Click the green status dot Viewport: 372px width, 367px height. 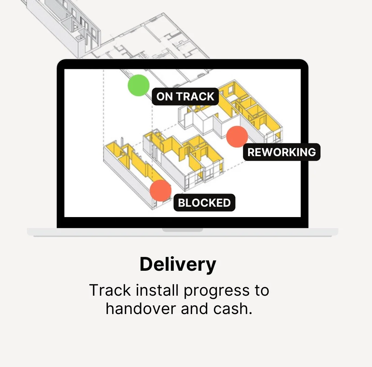pyautogui.click(x=138, y=85)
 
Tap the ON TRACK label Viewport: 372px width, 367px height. pyautogui.click(x=185, y=97)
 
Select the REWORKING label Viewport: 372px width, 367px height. pyautogui.click(x=282, y=152)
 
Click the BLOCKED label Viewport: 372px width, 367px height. pyautogui.click(x=204, y=203)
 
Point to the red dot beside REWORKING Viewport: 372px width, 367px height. pyautogui.click(x=237, y=136)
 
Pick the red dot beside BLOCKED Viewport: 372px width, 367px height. pyautogui.click(x=161, y=190)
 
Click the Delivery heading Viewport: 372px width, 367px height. pyautogui.click(x=178, y=265)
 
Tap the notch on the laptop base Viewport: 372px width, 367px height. pyautogui.click(x=182, y=230)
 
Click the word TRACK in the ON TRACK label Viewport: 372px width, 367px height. pyautogui.click(x=195, y=97)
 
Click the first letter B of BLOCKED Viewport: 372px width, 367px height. pyautogui.click(x=182, y=203)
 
